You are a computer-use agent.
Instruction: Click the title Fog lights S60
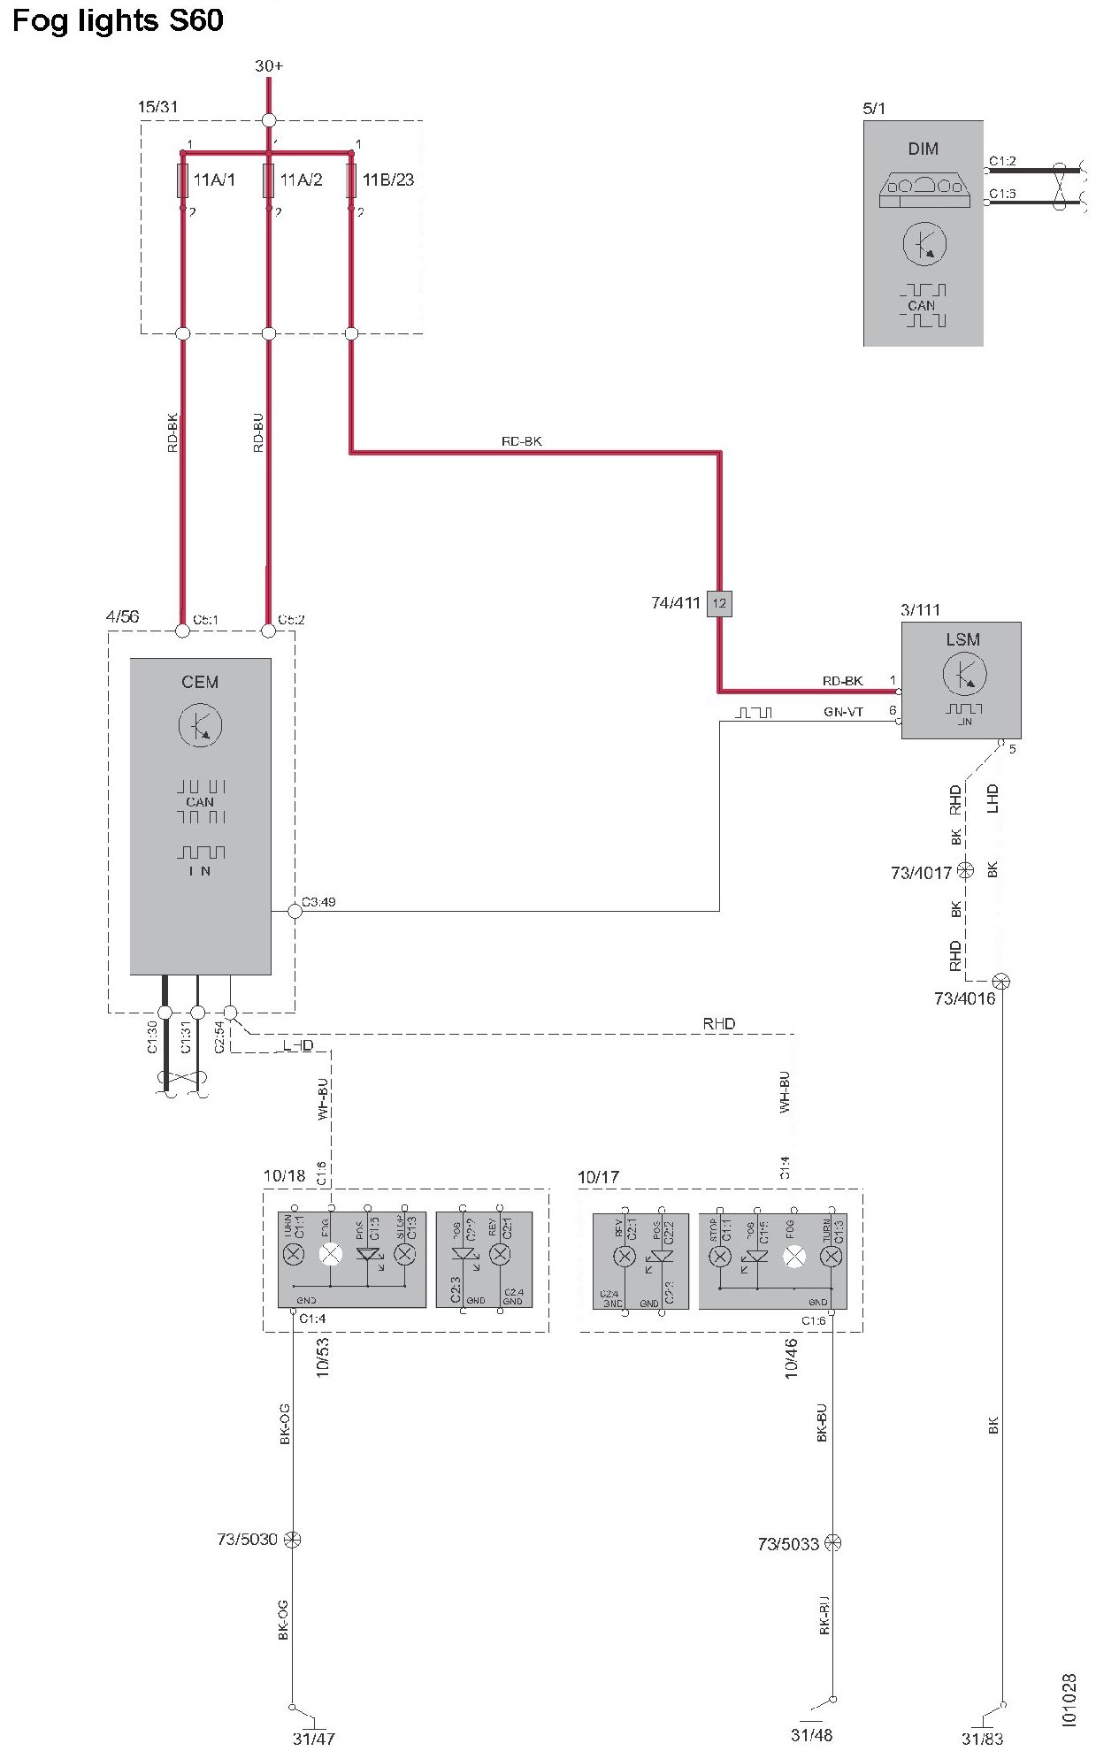tap(117, 19)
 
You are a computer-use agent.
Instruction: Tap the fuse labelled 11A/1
tap(182, 180)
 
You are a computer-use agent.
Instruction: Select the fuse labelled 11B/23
tap(351, 180)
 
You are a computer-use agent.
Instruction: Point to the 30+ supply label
tap(269, 66)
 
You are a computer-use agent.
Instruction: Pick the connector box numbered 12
tap(719, 603)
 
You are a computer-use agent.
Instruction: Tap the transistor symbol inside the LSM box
tap(963, 675)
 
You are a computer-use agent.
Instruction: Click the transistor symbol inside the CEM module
tap(200, 726)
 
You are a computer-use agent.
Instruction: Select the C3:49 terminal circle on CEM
tap(295, 910)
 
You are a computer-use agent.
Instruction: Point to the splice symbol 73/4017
tap(965, 870)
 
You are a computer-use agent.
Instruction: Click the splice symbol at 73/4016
tap(1000, 981)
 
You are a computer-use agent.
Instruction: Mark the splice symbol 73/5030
tap(293, 1540)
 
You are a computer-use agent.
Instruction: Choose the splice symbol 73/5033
tap(832, 1543)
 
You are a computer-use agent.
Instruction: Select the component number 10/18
tap(284, 1176)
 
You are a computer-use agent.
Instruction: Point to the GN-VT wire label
tap(843, 712)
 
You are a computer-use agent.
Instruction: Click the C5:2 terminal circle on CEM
tap(269, 631)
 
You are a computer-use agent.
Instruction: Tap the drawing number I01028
tap(1069, 1699)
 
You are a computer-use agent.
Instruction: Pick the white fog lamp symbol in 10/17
tap(794, 1257)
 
